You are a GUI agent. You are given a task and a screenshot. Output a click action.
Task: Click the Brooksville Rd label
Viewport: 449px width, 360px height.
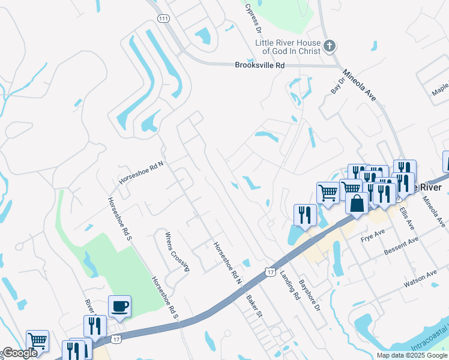coord(259,65)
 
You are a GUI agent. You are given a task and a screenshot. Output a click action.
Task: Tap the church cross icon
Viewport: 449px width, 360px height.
coord(329,46)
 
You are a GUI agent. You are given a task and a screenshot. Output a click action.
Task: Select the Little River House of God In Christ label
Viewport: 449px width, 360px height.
coord(288,46)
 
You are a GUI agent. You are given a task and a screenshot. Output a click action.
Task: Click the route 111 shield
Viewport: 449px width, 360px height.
coord(163,19)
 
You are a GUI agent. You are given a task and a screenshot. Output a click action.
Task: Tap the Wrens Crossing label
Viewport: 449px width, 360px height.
coord(177,251)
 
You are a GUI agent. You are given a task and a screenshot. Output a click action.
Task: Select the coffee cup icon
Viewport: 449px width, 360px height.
coord(119,307)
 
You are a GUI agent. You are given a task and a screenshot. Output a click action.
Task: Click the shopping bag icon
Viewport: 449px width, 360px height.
coord(357,203)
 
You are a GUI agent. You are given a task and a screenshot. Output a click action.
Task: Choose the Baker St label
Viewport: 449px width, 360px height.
coord(255,305)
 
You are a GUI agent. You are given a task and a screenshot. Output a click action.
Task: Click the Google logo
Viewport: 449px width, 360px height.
coord(20,353)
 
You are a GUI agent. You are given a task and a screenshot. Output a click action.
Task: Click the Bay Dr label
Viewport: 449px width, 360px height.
coord(338,85)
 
